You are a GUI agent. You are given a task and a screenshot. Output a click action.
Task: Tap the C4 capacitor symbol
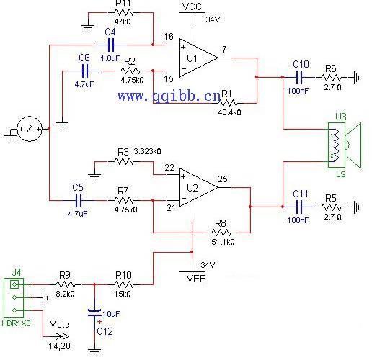tap(110, 45)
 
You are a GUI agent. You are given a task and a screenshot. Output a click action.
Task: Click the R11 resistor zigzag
tap(124, 12)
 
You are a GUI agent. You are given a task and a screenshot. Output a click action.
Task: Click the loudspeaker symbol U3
tap(345, 145)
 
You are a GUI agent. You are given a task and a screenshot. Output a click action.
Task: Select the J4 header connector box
tap(14, 297)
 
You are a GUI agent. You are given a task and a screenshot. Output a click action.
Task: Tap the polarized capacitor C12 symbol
tap(94, 312)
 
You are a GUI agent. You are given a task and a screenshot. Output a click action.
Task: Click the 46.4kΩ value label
tap(230, 112)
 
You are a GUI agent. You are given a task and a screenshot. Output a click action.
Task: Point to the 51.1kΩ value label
tap(223, 242)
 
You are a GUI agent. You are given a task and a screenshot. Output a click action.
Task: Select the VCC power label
tap(192, 6)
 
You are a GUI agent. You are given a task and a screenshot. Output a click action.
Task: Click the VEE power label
tap(196, 279)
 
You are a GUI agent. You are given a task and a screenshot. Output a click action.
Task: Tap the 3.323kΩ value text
tap(147, 151)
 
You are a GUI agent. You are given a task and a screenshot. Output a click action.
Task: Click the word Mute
tap(59, 325)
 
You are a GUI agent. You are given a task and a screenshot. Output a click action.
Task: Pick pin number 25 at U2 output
tap(223, 179)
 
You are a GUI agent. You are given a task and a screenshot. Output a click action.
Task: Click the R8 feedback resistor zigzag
tap(221, 233)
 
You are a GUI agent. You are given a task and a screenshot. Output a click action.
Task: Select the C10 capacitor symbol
tap(300, 77)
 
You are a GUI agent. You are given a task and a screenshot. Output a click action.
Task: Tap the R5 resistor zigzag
tap(331, 207)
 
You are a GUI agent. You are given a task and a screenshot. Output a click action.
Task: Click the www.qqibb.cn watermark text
tap(169, 96)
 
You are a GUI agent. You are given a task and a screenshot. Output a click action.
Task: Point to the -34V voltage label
tap(206, 265)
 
